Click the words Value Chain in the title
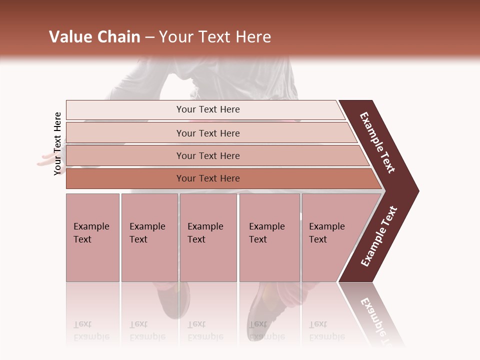pyautogui.click(x=94, y=37)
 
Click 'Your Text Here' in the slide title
pyautogui.click(x=215, y=37)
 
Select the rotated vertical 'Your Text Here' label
pyautogui.click(x=57, y=143)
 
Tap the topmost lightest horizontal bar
pyautogui.click(x=207, y=109)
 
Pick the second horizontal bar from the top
pyautogui.click(x=207, y=133)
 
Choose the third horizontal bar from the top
pyautogui.click(x=207, y=155)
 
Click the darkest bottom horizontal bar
pyautogui.click(x=207, y=178)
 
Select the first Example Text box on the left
pyautogui.click(x=92, y=237)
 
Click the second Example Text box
pyautogui.click(x=149, y=237)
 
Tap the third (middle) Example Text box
pyautogui.click(x=208, y=237)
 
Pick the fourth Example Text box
pyautogui.click(x=269, y=237)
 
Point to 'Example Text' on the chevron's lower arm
pyautogui.click(x=379, y=236)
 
